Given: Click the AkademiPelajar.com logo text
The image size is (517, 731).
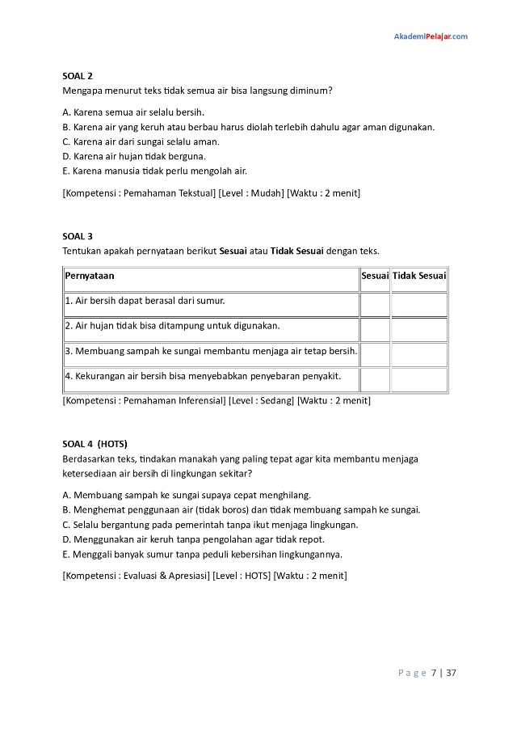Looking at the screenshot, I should click(x=430, y=36).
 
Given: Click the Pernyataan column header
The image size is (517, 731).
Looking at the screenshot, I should click(x=90, y=276).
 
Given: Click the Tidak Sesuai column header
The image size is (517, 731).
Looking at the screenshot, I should click(x=418, y=276).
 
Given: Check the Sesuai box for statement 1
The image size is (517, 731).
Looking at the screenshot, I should click(x=375, y=304).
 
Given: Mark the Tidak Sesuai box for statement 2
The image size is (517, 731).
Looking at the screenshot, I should click(x=418, y=329).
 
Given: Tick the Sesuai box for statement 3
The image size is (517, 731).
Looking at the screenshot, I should click(x=375, y=354).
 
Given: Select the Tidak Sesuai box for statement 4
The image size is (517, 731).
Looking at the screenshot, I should click(x=418, y=379).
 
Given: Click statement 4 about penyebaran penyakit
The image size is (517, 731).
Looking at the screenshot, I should click(x=203, y=376).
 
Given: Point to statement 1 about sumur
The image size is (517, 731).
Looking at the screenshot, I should click(x=145, y=301).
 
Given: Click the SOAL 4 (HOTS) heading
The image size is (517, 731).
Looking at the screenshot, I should click(x=95, y=444).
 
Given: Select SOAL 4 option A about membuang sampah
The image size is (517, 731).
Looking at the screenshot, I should click(x=187, y=495).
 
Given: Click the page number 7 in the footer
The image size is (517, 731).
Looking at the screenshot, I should click(x=434, y=672).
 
